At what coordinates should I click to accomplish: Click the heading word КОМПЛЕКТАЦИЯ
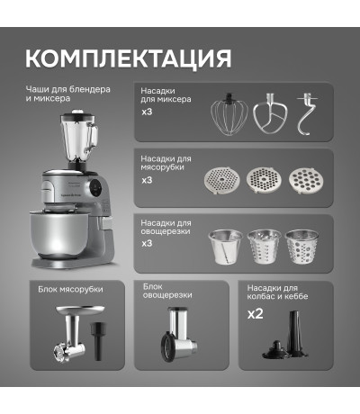(x=128, y=58)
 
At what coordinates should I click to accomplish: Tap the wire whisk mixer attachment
(x=229, y=114)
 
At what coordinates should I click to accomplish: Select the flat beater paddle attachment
(x=270, y=113)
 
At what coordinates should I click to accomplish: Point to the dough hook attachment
(x=307, y=114)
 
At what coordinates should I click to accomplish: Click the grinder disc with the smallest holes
(x=222, y=181)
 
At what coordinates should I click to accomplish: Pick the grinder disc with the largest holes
(x=306, y=180)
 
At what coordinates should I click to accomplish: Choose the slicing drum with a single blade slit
(x=225, y=247)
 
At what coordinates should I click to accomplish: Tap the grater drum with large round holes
(x=301, y=247)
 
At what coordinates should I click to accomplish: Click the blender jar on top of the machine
(x=79, y=138)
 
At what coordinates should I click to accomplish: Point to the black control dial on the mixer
(x=96, y=188)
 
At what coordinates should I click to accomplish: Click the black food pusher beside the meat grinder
(x=98, y=340)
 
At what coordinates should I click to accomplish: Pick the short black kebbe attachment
(x=275, y=350)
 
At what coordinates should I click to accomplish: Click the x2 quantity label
(x=256, y=314)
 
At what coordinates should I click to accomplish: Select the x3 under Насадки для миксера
(x=147, y=112)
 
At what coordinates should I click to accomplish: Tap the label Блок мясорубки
(x=70, y=290)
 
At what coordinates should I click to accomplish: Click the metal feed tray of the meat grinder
(x=80, y=310)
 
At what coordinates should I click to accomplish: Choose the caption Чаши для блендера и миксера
(x=67, y=94)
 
